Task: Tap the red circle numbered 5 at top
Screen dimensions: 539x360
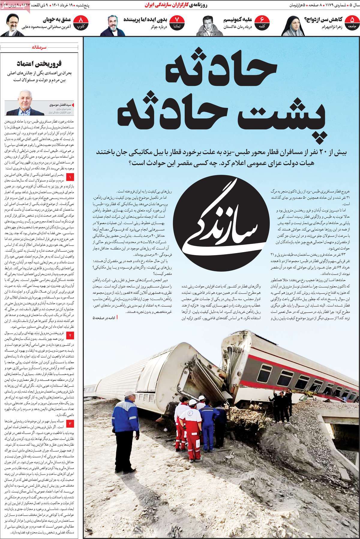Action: (x=350, y=22)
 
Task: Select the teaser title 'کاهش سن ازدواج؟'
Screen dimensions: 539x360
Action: (x=324, y=20)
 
